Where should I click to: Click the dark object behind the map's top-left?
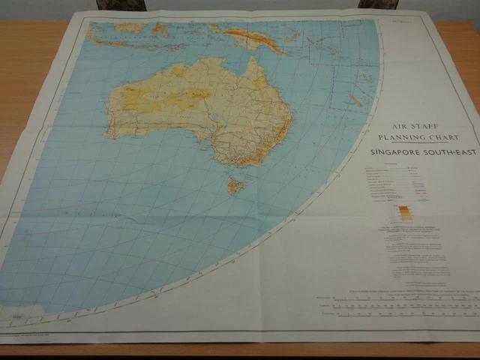click(117, 4)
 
